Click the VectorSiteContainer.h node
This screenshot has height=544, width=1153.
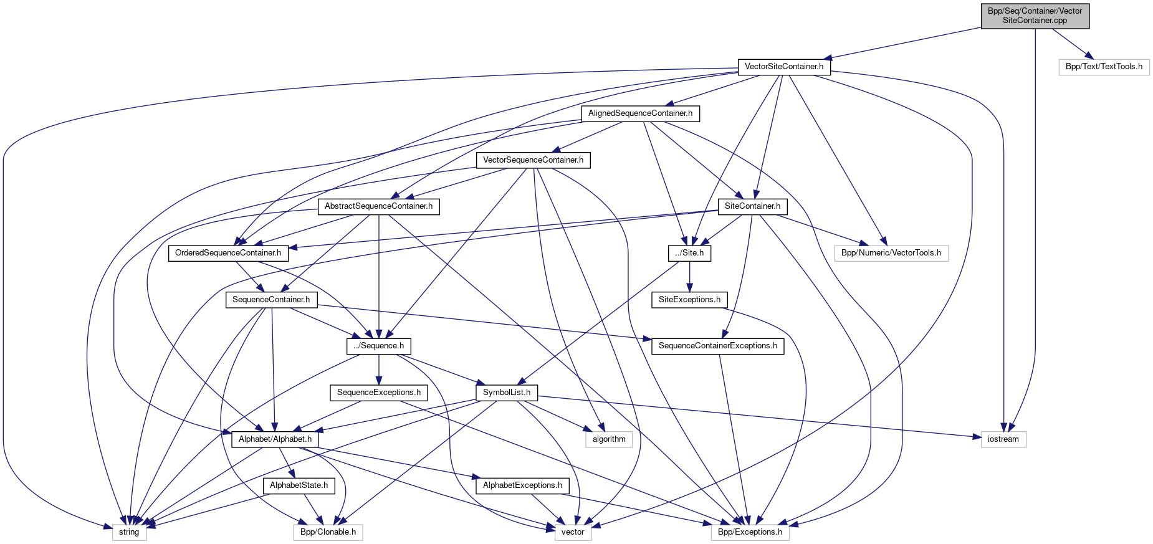click(783, 67)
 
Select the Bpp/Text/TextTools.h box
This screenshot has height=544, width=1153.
click(1104, 67)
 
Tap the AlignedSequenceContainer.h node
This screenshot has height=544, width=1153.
click(640, 113)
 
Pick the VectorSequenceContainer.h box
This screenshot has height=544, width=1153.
click(533, 160)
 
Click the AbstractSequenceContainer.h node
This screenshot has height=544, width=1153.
click(378, 206)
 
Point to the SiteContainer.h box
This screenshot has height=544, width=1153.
click(752, 206)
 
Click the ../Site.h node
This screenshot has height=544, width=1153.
click(689, 253)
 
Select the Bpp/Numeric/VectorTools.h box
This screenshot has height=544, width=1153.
click(891, 253)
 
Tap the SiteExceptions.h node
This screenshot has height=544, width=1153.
click(689, 300)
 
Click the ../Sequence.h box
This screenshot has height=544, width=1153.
click(379, 346)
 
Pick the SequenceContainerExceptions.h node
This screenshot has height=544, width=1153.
click(717, 346)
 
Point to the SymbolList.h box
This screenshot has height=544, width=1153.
click(507, 393)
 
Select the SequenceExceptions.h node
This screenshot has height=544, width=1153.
click(379, 393)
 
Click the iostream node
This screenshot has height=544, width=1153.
click(1003, 439)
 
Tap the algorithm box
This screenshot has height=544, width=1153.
click(609, 439)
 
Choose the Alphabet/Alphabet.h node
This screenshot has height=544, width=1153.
click(275, 439)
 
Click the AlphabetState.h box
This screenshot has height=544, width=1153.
click(299, 485)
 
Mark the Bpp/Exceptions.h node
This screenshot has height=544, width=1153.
click(750, 532)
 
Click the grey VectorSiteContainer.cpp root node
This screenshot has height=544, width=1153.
click(1035, 16)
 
